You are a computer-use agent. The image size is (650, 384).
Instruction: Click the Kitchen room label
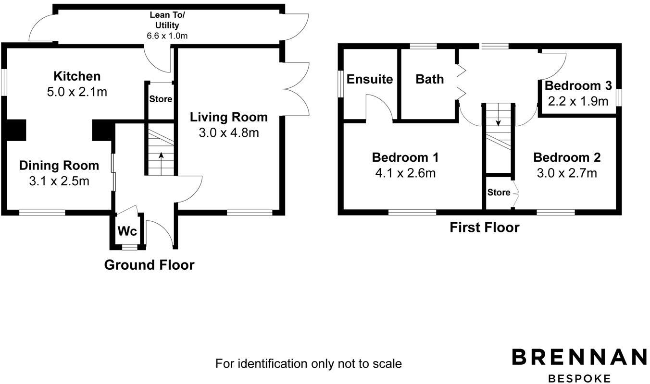click(x=77, y=76)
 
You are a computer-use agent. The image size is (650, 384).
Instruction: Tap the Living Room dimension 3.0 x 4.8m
click(x=229, y=133)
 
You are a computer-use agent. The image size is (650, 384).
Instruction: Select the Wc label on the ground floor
click(x=127, y=231)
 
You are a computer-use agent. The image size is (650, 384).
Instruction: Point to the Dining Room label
click(x=59, y=166)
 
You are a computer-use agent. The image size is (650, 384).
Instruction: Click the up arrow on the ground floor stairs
click(x=161, y=164)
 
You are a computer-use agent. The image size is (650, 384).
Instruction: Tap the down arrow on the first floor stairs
click(x=498, y=115)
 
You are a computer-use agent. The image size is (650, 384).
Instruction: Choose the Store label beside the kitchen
click(x=161, y=99)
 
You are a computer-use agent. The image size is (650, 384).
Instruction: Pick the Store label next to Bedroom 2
click(x=499, y=192)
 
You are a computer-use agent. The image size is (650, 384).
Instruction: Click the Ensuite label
click(x=370, y=79)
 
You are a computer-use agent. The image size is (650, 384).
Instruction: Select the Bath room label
click(x=430, y=79)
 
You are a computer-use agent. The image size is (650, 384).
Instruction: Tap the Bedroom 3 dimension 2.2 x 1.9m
click(x=578, y=101)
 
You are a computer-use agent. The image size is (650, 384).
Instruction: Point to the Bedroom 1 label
click(x=405, y=157)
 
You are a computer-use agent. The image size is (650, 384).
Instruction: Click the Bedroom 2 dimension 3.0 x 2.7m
click(x=567, y=173)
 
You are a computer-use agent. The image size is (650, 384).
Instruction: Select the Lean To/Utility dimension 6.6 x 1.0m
click(x=167, y=36)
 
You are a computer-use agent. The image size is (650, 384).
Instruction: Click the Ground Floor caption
click(x=149, y=265)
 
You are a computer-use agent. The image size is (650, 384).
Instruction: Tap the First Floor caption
click(x=485, y=228)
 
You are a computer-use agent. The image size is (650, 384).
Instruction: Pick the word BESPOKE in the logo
click(x=579, y=379)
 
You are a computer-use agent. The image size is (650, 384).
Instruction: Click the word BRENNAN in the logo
click(x=579, y=357)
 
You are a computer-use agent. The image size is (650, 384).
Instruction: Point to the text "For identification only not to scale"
click(x=309, y=363)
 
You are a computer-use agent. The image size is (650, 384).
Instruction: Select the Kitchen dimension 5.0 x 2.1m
click(x=77, y=92)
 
